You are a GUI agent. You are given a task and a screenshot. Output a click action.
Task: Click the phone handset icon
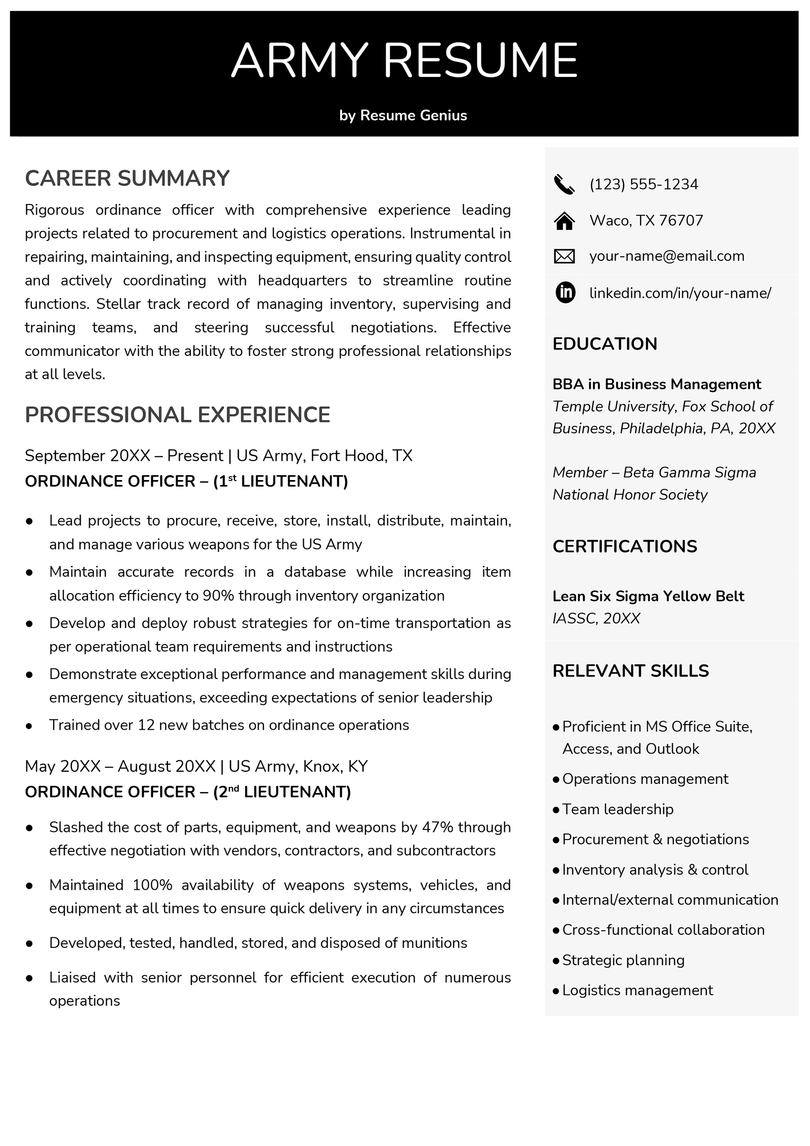[564, 185]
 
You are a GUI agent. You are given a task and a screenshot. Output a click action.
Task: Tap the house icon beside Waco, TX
[564, 221]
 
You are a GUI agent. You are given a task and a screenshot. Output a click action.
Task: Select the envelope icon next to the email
[564, 257]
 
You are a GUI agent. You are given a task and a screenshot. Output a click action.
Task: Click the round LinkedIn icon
[565, 293]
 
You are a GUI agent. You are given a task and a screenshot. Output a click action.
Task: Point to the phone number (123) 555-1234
[643, 184]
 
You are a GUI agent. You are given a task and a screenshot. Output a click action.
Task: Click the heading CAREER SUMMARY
[127, 179]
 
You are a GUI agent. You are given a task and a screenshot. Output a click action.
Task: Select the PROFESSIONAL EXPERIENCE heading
[177, 415]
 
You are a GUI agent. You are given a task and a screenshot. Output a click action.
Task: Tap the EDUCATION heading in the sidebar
[604, 344]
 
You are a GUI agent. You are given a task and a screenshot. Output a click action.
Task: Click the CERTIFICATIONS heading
[624, 546]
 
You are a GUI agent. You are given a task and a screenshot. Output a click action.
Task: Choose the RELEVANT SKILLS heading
[630, 671]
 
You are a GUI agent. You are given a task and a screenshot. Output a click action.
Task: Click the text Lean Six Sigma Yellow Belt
[648, 597]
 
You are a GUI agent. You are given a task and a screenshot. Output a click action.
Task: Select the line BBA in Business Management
[656, 384]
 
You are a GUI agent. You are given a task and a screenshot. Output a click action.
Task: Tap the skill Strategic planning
[623, 960]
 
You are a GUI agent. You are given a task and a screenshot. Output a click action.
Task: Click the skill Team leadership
[618, 809]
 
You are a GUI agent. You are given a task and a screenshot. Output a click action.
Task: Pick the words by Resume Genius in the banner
[403, 115]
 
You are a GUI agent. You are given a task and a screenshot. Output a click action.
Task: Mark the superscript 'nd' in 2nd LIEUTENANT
[233, 788]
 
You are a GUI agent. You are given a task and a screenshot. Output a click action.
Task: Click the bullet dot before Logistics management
[556, 991]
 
